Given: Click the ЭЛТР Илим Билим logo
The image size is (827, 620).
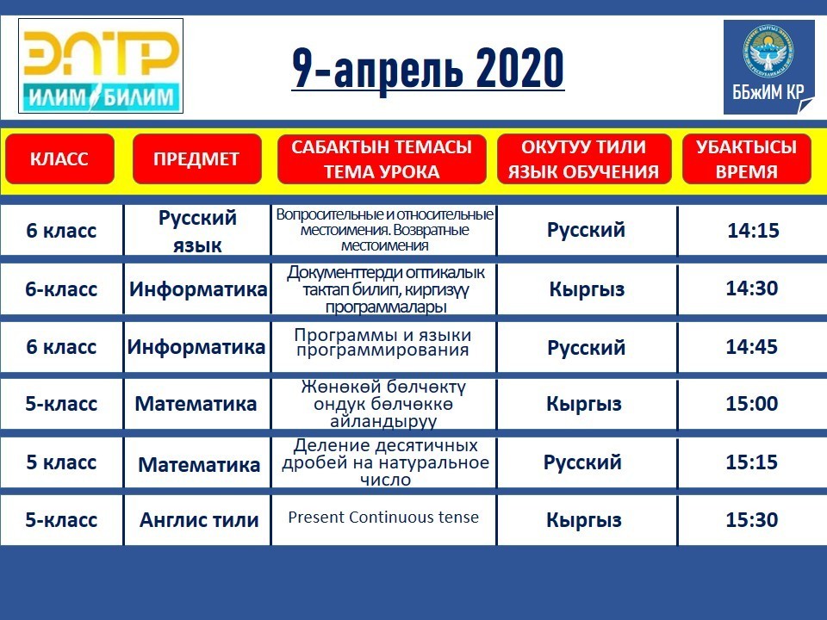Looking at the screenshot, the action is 101,66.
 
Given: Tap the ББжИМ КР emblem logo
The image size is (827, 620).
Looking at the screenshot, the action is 769,67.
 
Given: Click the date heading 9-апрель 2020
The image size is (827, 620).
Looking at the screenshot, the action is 428,68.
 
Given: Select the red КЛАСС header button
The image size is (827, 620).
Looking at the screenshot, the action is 59,158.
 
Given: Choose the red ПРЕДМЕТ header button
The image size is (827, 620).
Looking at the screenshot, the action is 196,158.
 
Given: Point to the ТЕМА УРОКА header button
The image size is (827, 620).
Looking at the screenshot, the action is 382,158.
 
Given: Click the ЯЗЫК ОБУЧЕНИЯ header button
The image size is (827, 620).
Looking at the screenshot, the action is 584,158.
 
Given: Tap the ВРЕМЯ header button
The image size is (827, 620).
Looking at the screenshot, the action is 746,158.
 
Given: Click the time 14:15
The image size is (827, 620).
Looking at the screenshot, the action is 753,231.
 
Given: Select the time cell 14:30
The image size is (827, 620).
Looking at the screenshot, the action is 751,288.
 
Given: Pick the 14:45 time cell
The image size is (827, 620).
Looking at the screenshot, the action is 751,347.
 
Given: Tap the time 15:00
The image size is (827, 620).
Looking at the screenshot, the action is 751,404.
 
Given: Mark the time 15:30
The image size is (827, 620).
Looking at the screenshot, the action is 751,520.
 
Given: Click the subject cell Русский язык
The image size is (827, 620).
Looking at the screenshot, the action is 197,231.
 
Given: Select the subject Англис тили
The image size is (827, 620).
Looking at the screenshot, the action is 199,520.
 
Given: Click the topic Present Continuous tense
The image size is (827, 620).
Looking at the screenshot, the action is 383,518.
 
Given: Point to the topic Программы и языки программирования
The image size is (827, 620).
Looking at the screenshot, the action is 382,342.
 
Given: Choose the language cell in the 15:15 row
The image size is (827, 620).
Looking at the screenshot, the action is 583,462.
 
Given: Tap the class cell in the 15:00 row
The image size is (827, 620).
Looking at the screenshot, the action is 61,404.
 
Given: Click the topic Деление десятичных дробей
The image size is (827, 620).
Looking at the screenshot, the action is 385,462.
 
